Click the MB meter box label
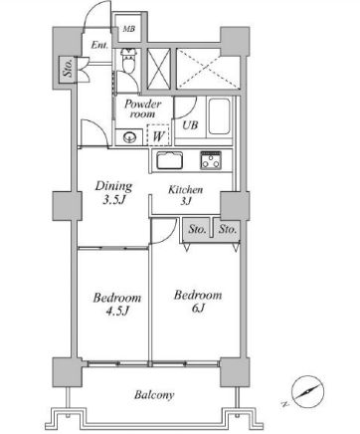[x=129, y=29]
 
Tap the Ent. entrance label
[x=99, y=45]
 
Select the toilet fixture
[x=128, y=60]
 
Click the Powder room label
[x=142, y=108]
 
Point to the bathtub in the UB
[x=219, y=116]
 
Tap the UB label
[x=190, y=125]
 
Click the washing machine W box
[x=158, y=134]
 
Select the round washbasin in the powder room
[x=128, y=136]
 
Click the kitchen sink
[x=169, y=160]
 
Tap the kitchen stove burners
[x=211, y=160]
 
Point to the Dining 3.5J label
[x=114, y=192]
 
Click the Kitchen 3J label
[x=186, y=195]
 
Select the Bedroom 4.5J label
[x=116, y=304]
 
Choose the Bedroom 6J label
[x=198, y=302]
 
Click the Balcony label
[x=154, y=395]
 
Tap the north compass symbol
[x=307, y=391]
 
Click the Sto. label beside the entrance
[x=68, y=70]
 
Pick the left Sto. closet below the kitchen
[x=196, y=229]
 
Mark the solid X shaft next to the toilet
[x=158, y=69]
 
